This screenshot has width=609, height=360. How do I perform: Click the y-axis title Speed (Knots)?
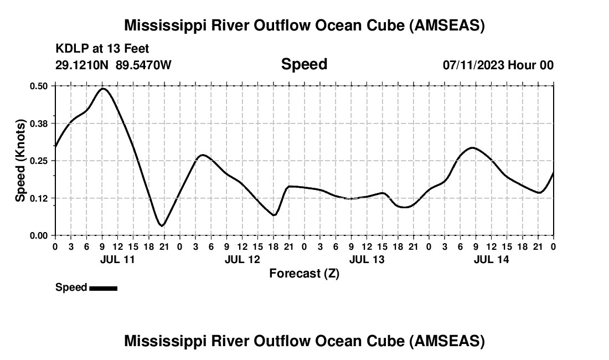[x=20, y=161]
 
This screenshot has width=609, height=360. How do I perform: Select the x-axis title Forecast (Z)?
[x=304, y=273]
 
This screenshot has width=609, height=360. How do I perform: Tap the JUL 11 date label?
[x=118, y=259]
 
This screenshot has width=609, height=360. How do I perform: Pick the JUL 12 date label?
[x=242, y=259]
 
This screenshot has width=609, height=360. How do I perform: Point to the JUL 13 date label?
[x=367, y=259]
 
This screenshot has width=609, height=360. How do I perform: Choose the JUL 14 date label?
[x=492, y=259]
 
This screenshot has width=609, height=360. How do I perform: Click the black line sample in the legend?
[x=103, y=288]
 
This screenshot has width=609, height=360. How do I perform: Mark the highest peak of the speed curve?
[x=103, y=89]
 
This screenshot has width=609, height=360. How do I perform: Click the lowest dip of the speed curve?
[x=161, y=225]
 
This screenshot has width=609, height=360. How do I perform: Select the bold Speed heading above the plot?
[x=304, y=64]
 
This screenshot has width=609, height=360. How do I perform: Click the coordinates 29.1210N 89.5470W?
[x=113, y=65]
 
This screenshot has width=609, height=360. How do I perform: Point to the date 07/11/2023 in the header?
[x=473, y=65]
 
